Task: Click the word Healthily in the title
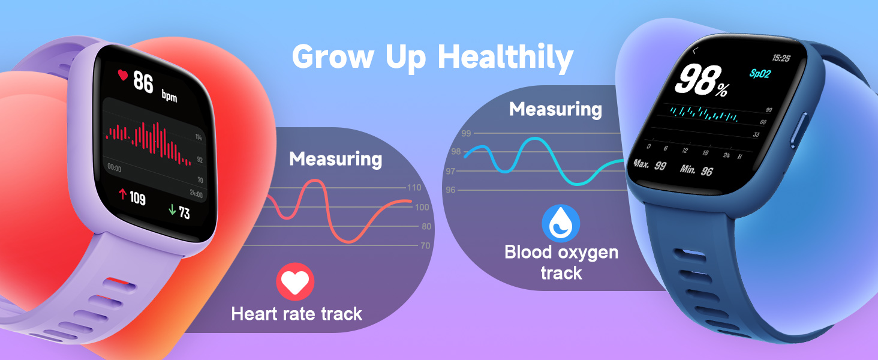[x=506, y=58]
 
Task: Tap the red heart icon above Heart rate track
[x=295, y=281]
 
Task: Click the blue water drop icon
[x=561, y=223]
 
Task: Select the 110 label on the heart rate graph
[x=414, y=188]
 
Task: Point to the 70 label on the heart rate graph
[x=425, y=245]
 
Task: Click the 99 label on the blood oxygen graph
[x=465, y=133]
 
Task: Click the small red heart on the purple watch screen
[x=123, y=75]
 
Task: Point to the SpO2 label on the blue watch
[x=761, y=73]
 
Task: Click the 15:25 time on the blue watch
[x=780, y=58]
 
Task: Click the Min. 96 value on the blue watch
[x=696, y=170]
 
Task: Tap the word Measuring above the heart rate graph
[x=335, y=159]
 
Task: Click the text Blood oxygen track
[x=561, y=262]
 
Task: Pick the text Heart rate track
[x=296, y=313]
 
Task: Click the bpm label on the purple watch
[x=169, y=96]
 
